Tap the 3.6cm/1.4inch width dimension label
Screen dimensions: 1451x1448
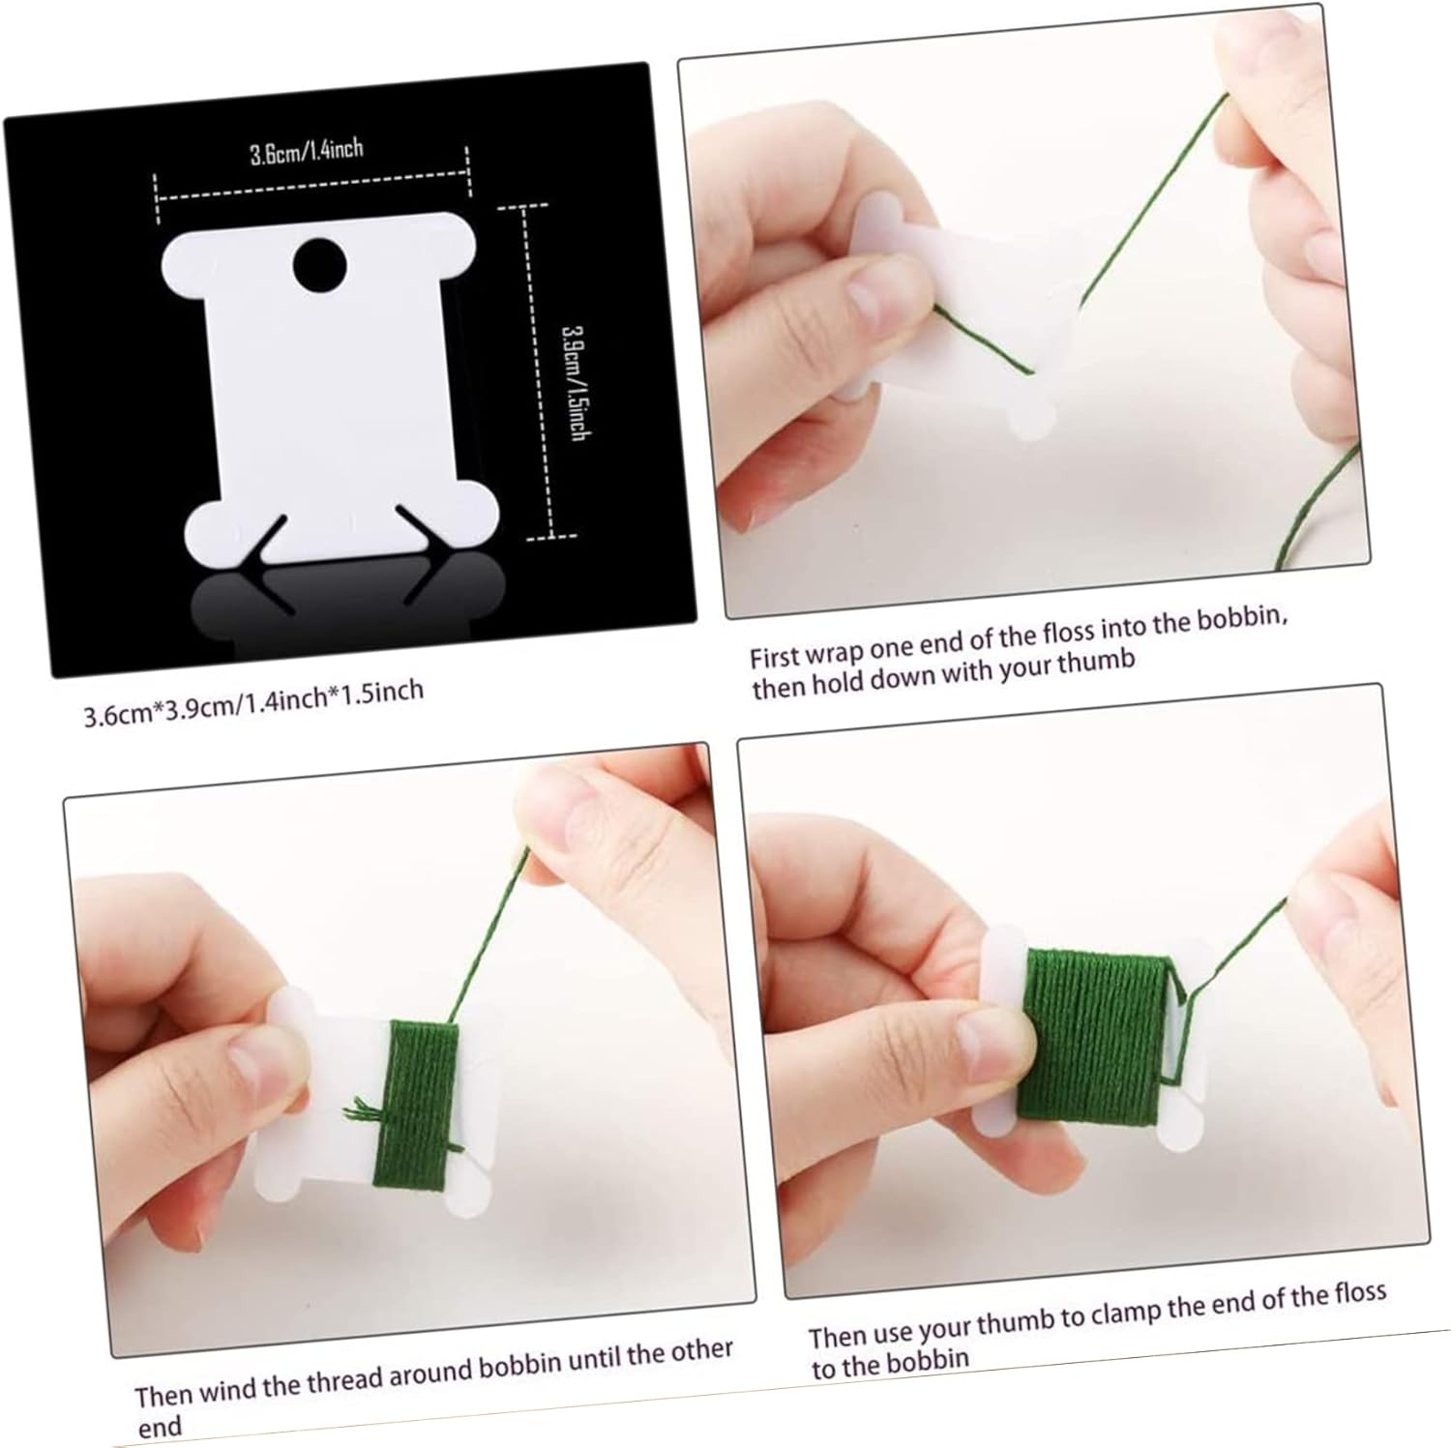tap(307, 151)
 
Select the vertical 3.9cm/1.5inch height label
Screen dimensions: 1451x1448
tap(575, 382)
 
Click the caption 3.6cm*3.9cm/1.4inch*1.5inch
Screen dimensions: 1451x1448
tap(253, 704)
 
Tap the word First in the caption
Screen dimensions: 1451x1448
tap(776, 657)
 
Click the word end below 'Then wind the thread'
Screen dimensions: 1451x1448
tap(159, 1426)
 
